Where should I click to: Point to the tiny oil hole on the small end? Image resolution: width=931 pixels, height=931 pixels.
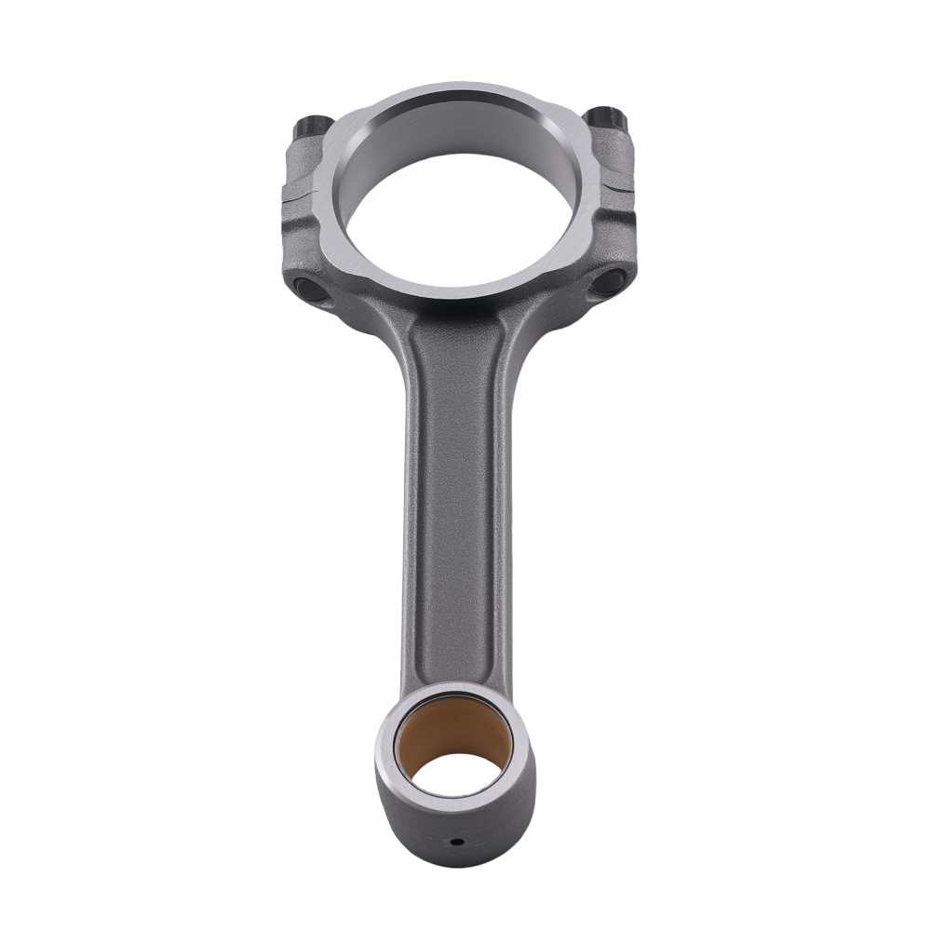click(456, 843)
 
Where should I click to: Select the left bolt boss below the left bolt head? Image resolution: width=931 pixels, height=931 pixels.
click(304, 163)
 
